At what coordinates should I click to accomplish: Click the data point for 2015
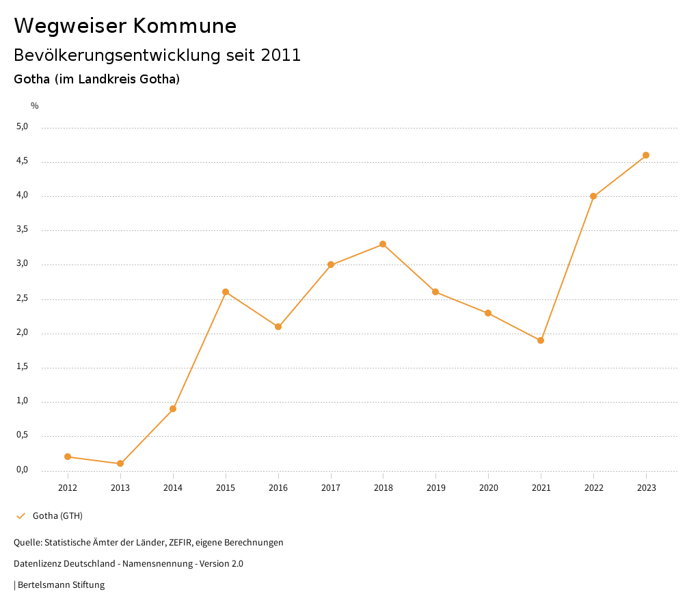tap(226, 292)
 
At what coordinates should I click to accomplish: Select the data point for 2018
tap(383, 244)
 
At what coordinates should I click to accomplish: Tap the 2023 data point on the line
tap(646, 155)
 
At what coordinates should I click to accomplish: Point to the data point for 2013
tap(120, 463)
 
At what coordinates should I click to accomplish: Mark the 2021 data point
tap(541, 340)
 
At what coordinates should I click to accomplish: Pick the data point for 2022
tap(593, 196)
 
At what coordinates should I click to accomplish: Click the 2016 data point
tap(278, 327)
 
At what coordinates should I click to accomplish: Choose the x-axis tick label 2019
tap(435, 487)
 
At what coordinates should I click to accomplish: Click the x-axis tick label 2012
tap(68, 487)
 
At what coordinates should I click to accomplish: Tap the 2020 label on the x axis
tap(488, 487)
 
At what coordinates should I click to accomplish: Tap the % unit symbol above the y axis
tap(35, 106)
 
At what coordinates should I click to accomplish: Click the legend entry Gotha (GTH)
tap(57, 515)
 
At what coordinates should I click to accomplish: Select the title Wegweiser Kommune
tap(125, 26)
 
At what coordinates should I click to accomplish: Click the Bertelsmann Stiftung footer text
tap(61, 585)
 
